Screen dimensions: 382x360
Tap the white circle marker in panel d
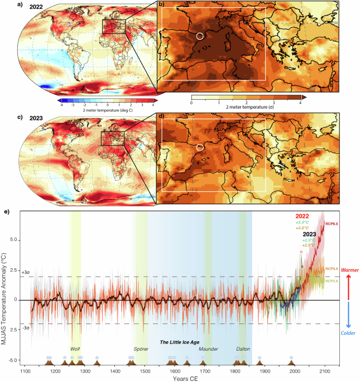200,148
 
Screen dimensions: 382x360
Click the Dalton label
243,332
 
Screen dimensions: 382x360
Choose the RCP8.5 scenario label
333,224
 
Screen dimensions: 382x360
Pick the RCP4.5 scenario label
333,269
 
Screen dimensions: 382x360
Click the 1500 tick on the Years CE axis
145,370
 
